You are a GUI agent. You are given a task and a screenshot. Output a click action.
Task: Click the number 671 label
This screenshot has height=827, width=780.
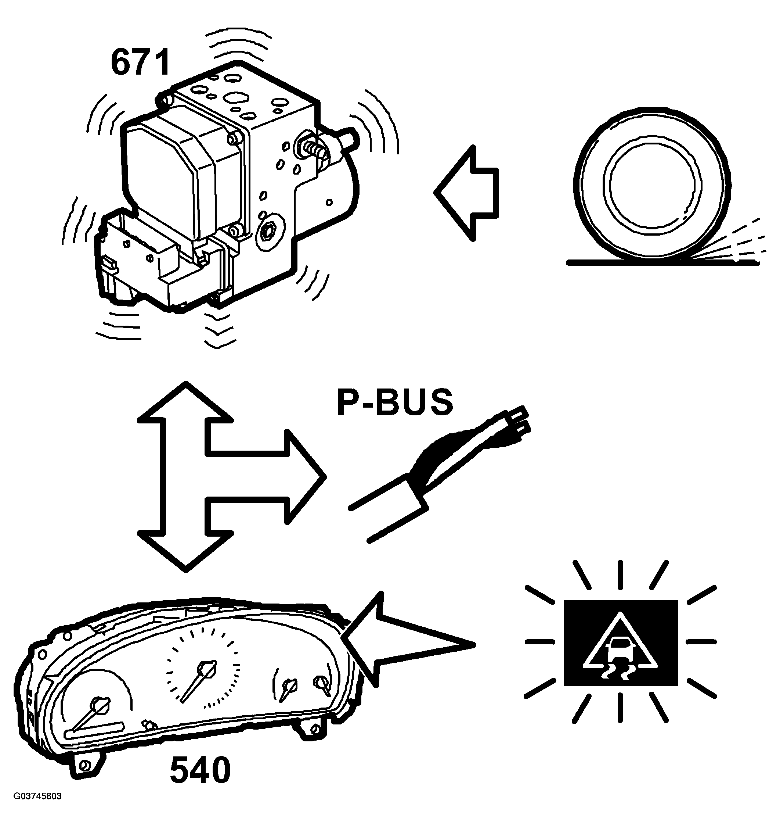(x=141, y=62)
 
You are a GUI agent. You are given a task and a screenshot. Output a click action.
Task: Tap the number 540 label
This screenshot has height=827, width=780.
(x=201, y=770)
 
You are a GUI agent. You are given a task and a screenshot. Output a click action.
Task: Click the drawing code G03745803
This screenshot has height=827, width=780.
(x=37, y=808)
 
